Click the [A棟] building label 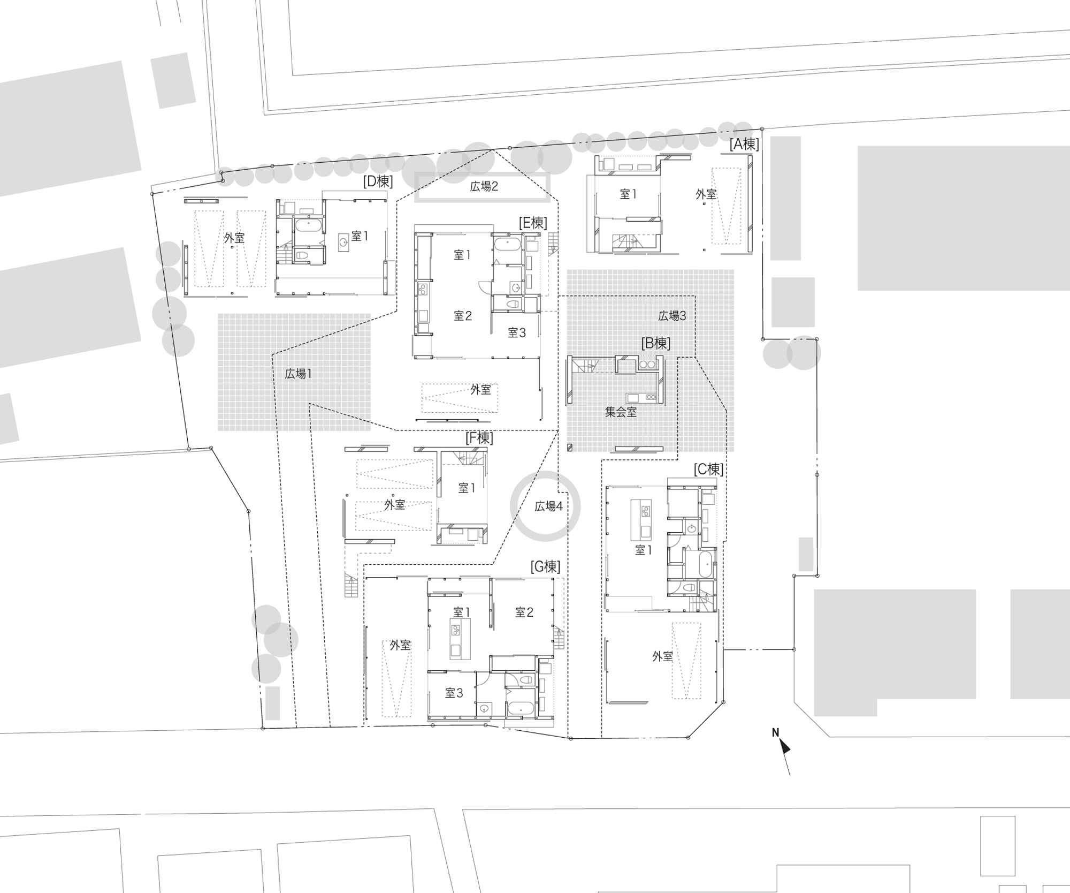[744, 144]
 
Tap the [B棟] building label [655, 343]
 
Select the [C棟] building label [708, 470]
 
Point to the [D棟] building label [378, 181]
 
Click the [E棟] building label [533, 223]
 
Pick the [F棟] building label [479, 438]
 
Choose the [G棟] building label [545, 566]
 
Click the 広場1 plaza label [298, 374]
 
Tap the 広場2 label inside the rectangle [484, 186]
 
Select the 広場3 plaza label [672, 316]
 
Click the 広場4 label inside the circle [548, 506]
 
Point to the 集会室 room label [621, 412]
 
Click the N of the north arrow [775, 732]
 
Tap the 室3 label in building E [517, 333]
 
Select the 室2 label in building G [524, 612]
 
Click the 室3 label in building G [454, 693]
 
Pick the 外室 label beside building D [234, 238]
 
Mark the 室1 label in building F [467, 488]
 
